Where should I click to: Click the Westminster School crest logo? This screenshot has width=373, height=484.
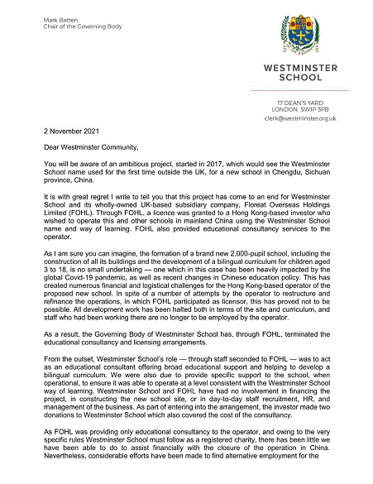(303, 30)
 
